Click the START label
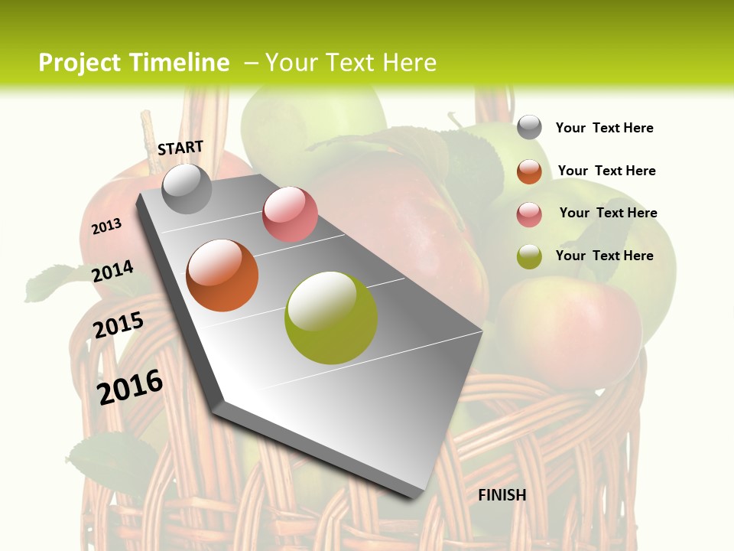point(180,148)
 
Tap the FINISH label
point(502,495)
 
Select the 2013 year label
point(107,227)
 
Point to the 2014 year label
point(113,271)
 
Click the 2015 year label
point(119,325)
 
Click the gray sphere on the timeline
point(187,188)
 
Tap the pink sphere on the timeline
point(290,214)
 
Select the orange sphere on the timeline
point(222,275)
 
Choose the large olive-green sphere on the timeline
point(331,318)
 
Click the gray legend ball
point(529,127)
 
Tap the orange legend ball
point(529,171)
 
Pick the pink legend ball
point(529,214)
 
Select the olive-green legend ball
point(529,256)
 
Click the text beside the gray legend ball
point(604,128)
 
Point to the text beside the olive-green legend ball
point(604,256)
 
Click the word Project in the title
point(79,63)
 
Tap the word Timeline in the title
point(179,63)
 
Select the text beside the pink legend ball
point(608,213)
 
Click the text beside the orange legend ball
point(606,171)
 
